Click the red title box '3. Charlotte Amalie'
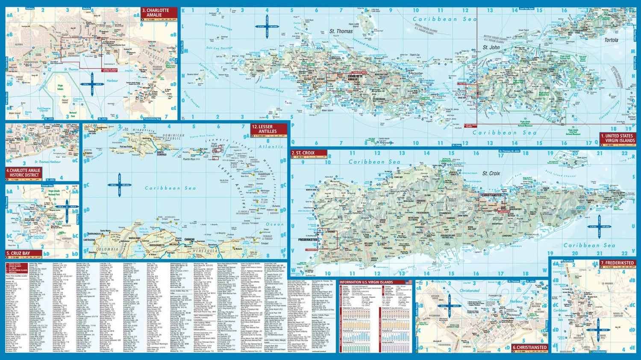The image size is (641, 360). [x=159, y=13]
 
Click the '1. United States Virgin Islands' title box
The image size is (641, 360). [x=617, y=138]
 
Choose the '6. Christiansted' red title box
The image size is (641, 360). [x=529, y=348]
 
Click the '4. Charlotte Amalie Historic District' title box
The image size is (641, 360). [x=24, y=173]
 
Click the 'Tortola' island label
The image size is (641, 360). [x=611, y=40]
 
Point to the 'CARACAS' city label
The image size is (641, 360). [x=189, y=239]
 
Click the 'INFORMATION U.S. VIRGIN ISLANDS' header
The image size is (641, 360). [x=366, y=282]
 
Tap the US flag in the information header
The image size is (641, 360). [x=409, y=282]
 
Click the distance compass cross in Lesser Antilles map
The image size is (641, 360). [x=114, y=185]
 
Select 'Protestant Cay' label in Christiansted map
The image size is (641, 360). [x=495, y=295]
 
